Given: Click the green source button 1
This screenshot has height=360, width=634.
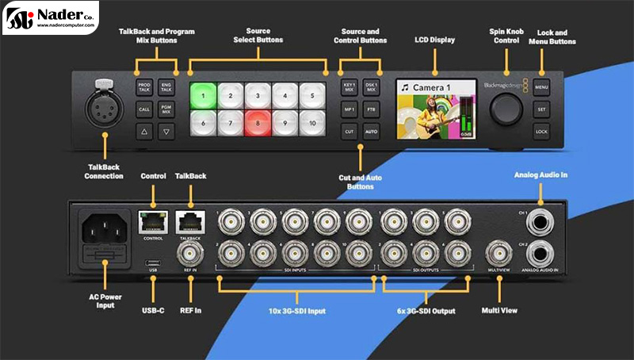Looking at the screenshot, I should point(203,97).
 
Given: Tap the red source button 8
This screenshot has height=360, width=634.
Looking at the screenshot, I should point(258,124).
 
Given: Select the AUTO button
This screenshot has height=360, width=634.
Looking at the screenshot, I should point(371,130).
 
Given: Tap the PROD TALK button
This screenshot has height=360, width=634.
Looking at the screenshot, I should point(144,86).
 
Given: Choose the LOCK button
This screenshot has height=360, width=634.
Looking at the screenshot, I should point(541,131).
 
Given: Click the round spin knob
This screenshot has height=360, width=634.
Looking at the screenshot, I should point(505,109).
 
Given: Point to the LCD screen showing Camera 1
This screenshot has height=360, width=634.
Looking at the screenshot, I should point(435,108).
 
